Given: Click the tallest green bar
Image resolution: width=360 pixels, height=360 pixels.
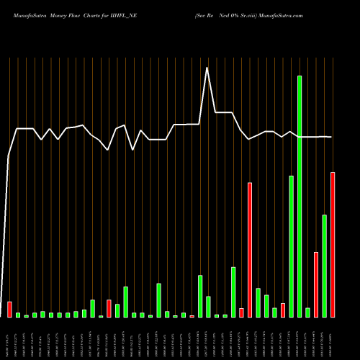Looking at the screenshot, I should point(300,196).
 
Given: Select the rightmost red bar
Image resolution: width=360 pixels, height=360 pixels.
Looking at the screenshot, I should point(333,245).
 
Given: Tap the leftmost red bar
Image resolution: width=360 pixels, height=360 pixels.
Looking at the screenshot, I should point(9,310).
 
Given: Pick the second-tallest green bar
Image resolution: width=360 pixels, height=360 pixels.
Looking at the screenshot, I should point(291,246).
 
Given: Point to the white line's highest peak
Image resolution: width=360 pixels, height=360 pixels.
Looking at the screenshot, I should point(208,68).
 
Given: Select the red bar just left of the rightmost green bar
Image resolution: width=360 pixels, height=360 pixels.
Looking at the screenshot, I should point(316,284).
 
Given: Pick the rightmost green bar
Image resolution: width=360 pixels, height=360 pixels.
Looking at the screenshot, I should point(325,266).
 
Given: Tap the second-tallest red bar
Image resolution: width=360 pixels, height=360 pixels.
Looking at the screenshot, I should point(250,250).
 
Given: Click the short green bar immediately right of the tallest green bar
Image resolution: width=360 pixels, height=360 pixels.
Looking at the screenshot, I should point(308,312).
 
